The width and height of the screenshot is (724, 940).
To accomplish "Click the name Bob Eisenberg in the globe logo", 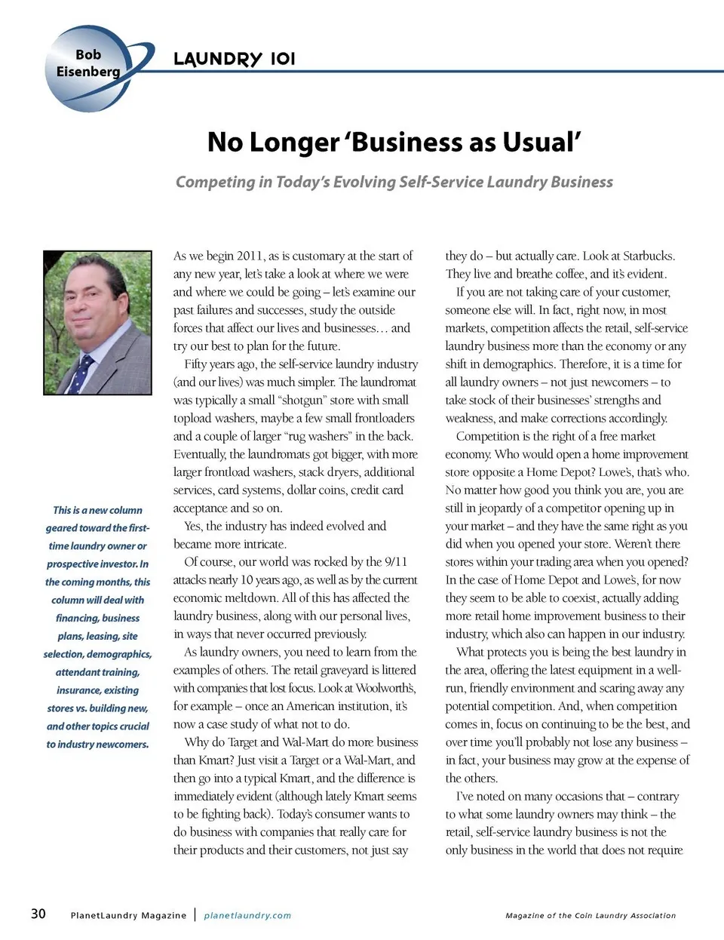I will point(88,63).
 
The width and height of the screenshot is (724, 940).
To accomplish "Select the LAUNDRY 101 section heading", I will point(234,59).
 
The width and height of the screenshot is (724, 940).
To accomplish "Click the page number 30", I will point(38,914).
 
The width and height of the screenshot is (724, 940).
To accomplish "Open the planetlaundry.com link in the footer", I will point(247,915).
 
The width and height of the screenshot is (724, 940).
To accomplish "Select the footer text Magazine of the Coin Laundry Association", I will point(591,915).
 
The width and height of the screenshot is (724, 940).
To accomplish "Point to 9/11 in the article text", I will point(396,562).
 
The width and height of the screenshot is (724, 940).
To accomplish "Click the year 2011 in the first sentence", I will point(249,256).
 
